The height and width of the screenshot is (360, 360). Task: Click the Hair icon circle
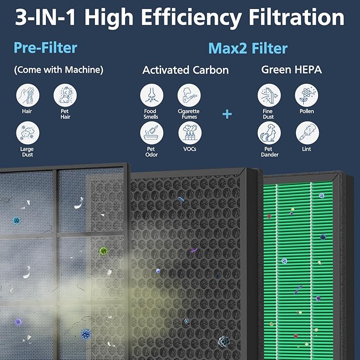(28, 95)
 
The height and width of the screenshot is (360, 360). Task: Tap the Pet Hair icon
(65, 95)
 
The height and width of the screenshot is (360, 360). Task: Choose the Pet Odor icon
(152, 133)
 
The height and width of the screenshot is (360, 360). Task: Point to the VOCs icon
(189, 133)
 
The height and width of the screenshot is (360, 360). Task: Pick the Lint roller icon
(306, 133)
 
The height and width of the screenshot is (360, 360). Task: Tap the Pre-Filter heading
(46, 48)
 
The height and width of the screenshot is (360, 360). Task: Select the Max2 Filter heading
(248, 49)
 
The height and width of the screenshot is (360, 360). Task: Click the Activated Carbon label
(186, 70)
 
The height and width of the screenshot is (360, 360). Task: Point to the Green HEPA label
(291, 69)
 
